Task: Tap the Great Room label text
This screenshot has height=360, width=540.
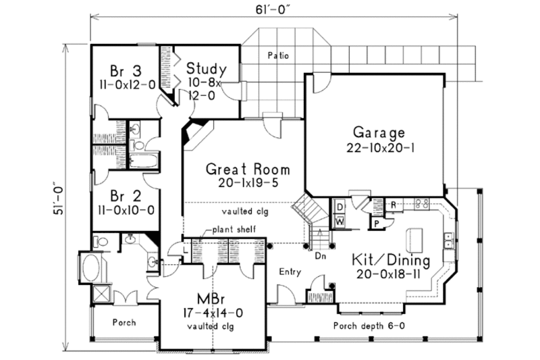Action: click(x=248, y=169)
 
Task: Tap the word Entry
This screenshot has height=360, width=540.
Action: click(x=289, y=272)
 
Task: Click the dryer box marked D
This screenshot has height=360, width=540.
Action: click(x=340, y=205)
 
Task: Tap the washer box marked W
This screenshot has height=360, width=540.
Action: click(x=340, y=220)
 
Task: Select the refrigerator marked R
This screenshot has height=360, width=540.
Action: click(x=393, y=204)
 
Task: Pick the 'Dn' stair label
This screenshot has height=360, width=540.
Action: click(x=321, y=257)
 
